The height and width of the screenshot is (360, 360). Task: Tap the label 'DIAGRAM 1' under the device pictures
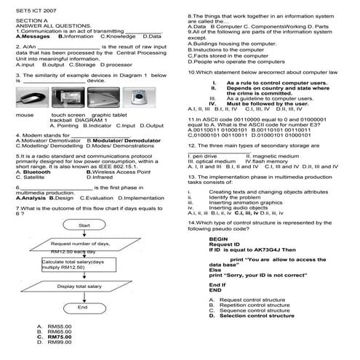[90, 120]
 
